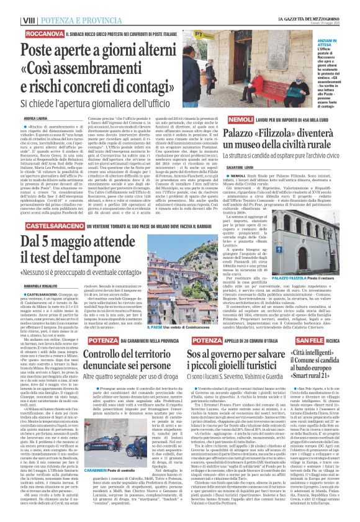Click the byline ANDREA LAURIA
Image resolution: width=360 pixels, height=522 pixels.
click(x=36, y=118)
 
